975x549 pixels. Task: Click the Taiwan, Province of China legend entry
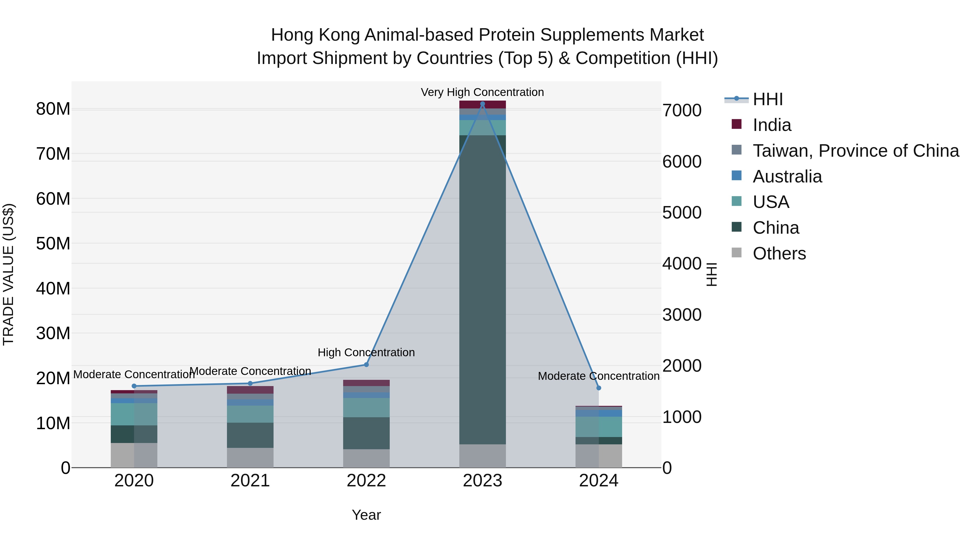coord(855,151)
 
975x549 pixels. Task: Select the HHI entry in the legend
coord(767,99)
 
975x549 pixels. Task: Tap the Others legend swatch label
coord(779,253)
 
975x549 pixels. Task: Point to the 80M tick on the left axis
coord(53,109)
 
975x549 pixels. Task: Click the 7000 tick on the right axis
coord(682,111)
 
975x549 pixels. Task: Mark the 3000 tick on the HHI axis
coord(682,315)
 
